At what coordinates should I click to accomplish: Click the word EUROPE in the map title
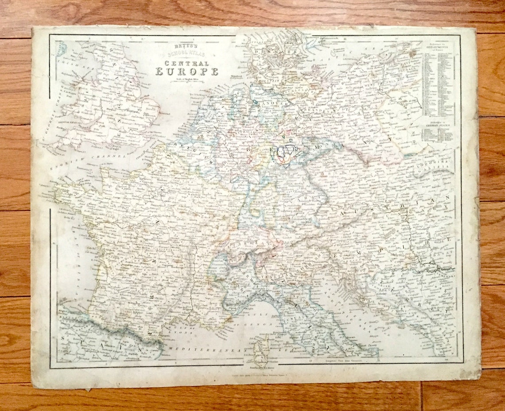(x=186, y=71)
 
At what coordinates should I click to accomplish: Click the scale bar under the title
(x=186, y=81)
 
